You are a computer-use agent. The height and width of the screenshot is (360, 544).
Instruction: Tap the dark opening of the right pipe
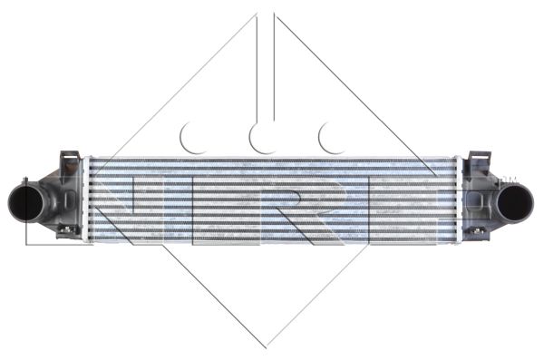[515, 203]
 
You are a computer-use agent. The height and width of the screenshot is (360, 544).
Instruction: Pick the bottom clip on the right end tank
[478, 230]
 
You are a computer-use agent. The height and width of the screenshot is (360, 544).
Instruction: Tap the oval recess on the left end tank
[71, 198]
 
